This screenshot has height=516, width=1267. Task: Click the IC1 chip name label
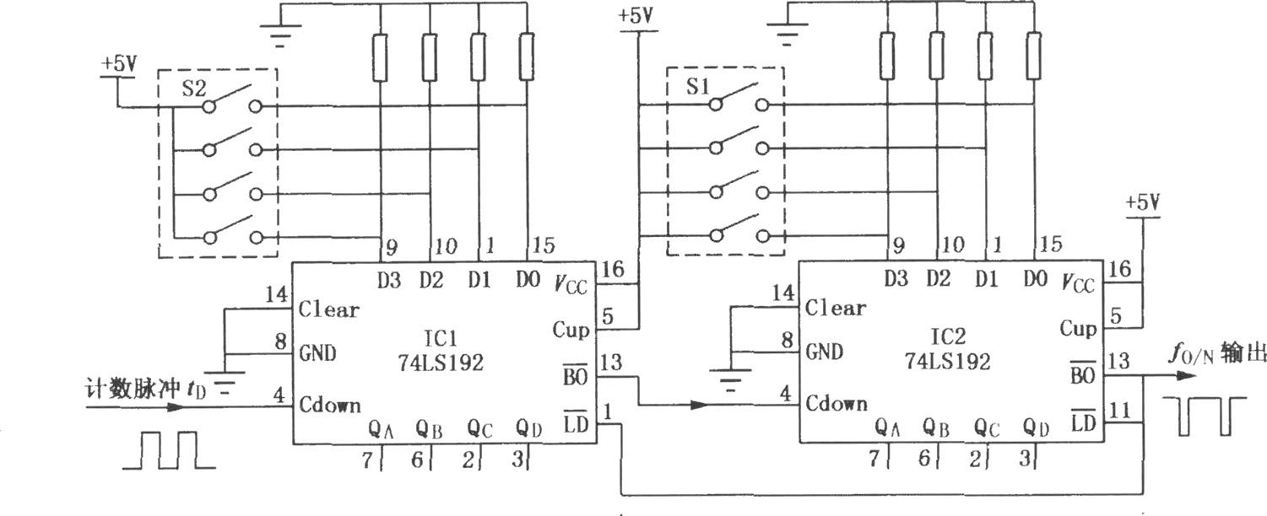tap(440, 339)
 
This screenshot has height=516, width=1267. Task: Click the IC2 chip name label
tap(947, 337)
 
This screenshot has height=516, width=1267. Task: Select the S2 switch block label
tap(193, 89)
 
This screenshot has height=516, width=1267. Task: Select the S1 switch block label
tap(698, 87)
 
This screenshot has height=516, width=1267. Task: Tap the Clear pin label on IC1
tap(328, 309)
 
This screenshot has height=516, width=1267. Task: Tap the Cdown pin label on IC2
tap(836, 404)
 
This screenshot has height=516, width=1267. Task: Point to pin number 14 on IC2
tap(783, 293)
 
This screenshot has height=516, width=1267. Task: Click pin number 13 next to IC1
tap(611, 363)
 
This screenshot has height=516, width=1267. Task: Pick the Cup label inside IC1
tap(571, 330)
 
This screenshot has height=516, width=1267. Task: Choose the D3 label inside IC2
tap(896, 278)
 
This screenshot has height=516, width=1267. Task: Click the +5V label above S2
tap(119, 64)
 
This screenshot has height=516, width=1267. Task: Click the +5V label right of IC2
tap(1143, 202)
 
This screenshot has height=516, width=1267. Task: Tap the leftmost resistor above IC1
tap(380, 57)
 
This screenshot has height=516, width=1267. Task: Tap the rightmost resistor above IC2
tap(1035, 56)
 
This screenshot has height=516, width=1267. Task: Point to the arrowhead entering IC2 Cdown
tap(701, 405)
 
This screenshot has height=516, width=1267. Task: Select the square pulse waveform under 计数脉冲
tap(169, 450)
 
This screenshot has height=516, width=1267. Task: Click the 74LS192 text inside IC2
tap(947, 361)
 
